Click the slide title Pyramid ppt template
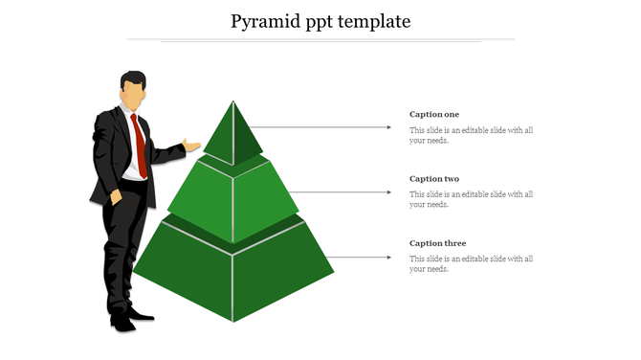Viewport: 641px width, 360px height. point(320,20)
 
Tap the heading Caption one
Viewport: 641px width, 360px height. point(434,115)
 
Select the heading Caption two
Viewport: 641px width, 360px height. point(434,179)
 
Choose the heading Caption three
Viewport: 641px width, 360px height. point(437,243)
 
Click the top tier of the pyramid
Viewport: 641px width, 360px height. point(234,134)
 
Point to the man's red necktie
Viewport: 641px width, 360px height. point(140,145)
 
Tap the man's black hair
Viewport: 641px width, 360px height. point(133,78)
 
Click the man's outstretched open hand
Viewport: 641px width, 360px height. point(192,146)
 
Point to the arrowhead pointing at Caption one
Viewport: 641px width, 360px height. point(388,126)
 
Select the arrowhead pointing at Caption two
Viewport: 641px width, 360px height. point(388,192)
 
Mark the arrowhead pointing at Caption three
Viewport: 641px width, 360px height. point(388,257)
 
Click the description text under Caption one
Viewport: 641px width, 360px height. point(471,135)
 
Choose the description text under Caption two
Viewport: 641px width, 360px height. point(471,199)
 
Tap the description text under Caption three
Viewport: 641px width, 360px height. point(471,263)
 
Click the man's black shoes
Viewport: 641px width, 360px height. point(128,318)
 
